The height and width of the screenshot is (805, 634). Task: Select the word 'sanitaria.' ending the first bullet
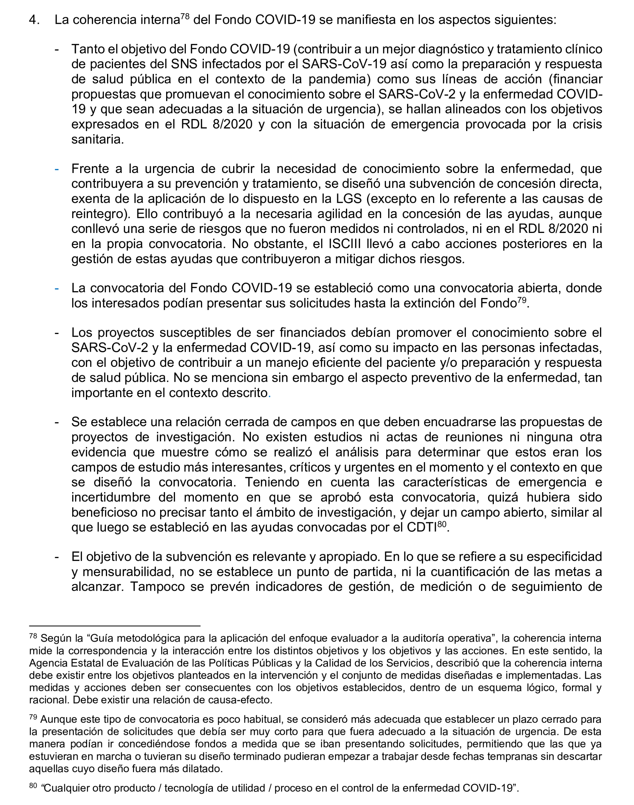pos(98,140)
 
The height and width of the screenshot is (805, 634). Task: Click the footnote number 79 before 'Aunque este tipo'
pos(33,717)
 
